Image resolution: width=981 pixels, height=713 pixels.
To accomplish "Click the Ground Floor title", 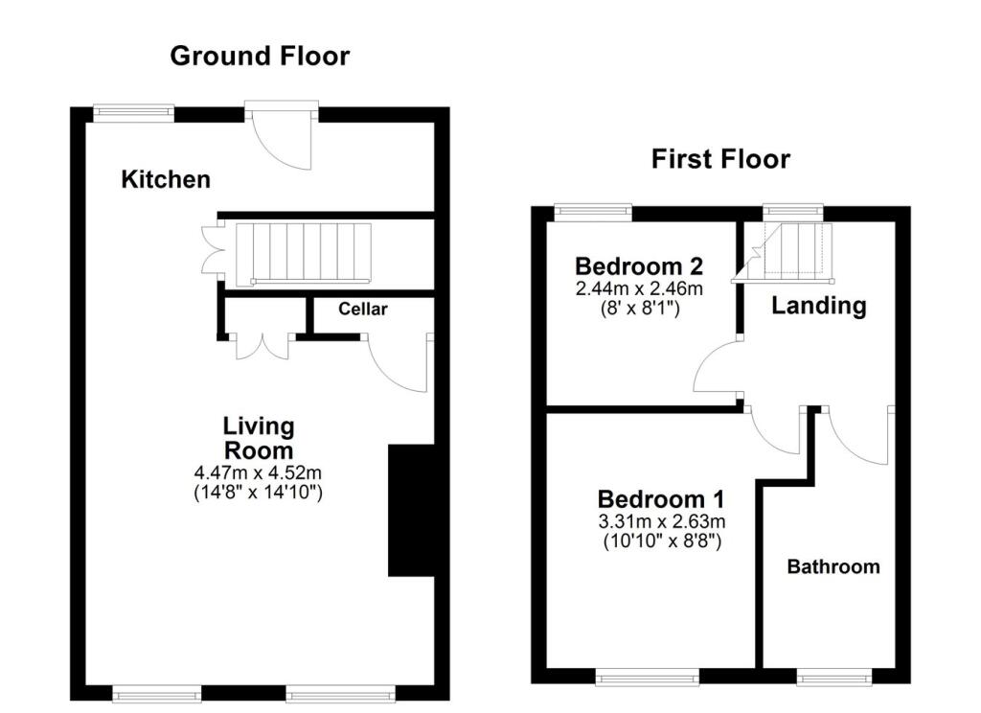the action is tap(260, 56).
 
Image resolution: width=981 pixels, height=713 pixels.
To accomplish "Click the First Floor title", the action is tap(720, 158).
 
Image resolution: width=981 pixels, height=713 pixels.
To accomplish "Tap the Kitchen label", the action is tap(166, 179).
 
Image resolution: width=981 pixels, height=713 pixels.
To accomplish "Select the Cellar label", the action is tap(363, 309).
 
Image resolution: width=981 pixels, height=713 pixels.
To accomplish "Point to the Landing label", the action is tap(819, 306).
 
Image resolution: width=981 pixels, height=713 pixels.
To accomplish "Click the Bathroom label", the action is tap(833, 566).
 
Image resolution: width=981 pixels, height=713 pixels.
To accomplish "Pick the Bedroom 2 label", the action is tap(639, 266).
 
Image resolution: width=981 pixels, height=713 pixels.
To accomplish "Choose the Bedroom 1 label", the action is tap(661, 499).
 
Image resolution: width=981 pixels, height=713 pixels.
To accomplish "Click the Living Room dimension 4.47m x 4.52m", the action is tap(259, 472).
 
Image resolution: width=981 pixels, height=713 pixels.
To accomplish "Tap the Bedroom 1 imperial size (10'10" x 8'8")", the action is tap(662, 540).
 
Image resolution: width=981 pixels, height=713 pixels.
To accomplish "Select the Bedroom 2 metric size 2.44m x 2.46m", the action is tap(639, 288).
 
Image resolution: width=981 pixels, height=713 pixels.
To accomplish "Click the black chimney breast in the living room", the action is tap(411, 510).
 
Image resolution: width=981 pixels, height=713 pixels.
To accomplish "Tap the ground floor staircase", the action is tap(304, 254).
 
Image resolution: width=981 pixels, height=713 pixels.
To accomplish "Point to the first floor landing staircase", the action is tap(789, 250).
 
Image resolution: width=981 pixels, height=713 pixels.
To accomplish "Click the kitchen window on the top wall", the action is tap(133, 113).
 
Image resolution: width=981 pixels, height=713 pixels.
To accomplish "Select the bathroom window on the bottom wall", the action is tap(834, 676).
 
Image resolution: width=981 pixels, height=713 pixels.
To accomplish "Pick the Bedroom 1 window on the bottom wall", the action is tap(647, 676).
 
